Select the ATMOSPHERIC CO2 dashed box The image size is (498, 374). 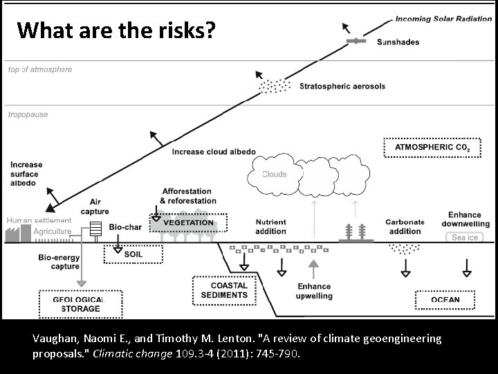427,148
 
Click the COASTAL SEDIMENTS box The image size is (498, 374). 220,290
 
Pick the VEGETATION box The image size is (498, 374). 188,223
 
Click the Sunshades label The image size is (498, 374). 398,42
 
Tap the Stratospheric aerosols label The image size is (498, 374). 343,87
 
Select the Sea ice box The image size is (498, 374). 464,238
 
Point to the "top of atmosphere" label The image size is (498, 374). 39,69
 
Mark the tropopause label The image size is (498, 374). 28,114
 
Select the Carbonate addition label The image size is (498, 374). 405,226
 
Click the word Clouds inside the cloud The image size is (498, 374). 274,175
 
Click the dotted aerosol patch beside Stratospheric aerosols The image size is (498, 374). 275,86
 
